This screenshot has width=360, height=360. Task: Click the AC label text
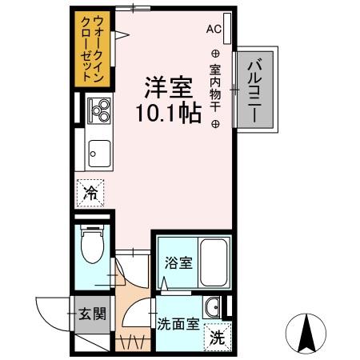tap(213, 29)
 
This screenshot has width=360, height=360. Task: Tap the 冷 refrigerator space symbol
tap(92, 192)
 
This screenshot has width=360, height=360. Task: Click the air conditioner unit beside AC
tap(229, 30)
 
